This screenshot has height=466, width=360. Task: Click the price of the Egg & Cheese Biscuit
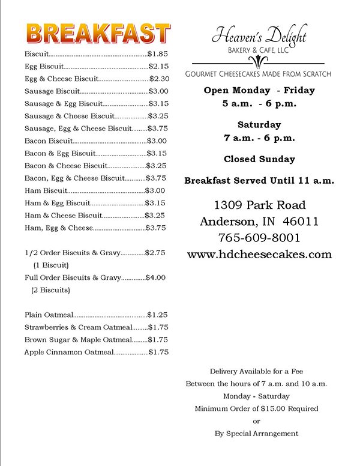tap(159, 78)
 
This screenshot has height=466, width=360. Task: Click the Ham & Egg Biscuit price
tap(155, 202)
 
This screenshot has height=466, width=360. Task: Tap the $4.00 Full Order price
tap(155, 277)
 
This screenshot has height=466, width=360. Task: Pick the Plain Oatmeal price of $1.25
tap(158, 314)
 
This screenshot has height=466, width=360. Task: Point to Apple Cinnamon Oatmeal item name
tap(68, 352)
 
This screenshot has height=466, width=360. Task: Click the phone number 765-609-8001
tap(259, 237)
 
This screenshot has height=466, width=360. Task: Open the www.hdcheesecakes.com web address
tap(259, 254)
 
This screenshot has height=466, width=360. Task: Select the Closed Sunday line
tap(259, 159)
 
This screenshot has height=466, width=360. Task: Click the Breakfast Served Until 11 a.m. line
tap(259, 180)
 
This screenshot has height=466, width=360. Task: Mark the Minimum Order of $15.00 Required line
tap(256, 408)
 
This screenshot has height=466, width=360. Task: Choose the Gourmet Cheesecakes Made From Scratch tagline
tap(259, 73)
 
